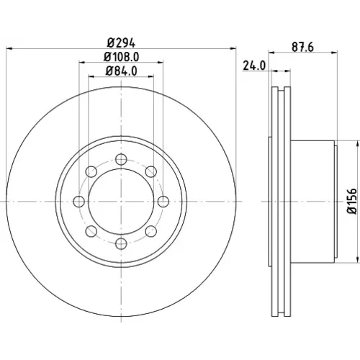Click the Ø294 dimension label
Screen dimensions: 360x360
point(121,43)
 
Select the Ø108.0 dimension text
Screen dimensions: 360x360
point(121,57)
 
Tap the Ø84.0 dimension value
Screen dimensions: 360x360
point(121,71)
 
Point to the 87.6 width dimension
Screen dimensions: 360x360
point(302,47)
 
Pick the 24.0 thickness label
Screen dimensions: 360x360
point(254,66)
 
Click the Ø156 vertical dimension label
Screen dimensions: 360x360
point(352,201)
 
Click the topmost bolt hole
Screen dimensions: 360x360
point(121,159)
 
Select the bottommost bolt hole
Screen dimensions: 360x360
point(121,243)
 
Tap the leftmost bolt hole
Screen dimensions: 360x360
point(78,202)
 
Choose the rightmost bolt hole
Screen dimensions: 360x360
point(163,202)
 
